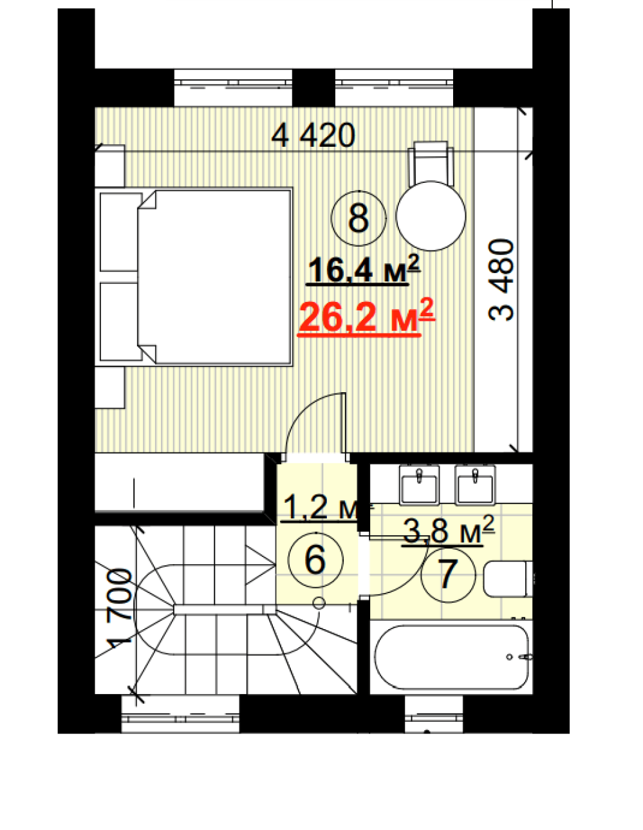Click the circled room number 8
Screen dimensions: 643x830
(358, 218)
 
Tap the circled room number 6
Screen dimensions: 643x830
(315, 560)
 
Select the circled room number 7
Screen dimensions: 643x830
(448, 574)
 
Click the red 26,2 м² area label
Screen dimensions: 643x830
(367, 317)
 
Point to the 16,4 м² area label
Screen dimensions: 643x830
(364, 270)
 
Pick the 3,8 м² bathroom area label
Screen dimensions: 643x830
(448, 530)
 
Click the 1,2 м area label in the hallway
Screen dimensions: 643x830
(320, 507)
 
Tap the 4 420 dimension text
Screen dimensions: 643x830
(313, 135)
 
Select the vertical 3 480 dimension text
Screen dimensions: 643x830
(501, 279)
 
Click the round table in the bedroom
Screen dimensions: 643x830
(431, 216)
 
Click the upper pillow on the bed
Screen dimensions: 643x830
(120, 232)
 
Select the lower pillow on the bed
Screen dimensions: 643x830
(120, 321)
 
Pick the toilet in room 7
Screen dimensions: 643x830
(508, 579)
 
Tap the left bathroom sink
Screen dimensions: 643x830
(419, 485)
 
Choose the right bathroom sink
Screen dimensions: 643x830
(475, 485)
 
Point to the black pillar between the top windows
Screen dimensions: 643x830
(313, 88)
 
